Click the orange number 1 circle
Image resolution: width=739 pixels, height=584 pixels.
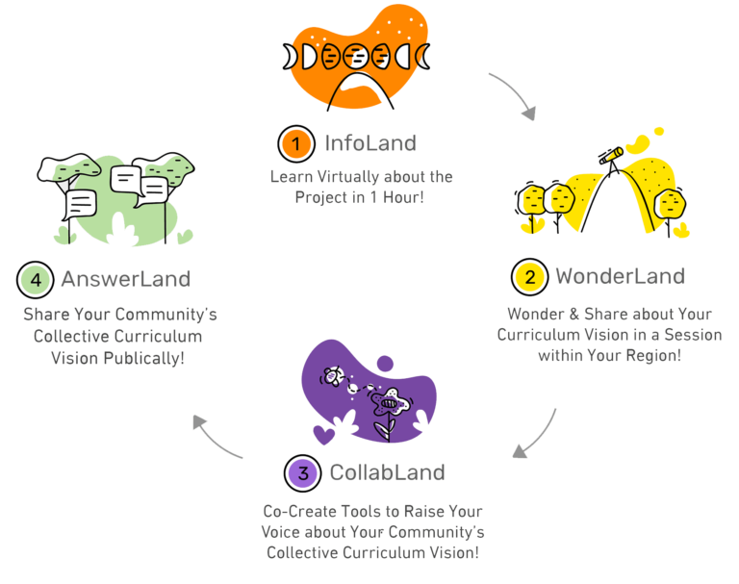point(296,144)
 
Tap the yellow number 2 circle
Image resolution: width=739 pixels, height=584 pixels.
point(529,277)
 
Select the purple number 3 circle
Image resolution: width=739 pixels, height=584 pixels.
point(303,472)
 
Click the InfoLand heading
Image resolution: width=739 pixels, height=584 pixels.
point(370,144)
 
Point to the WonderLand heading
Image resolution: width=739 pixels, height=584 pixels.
point(620,277)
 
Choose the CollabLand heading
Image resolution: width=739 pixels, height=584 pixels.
point(387,472)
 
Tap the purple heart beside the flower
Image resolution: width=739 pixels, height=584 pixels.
point(324,433)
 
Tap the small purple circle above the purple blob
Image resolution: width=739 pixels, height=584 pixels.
point(386,363)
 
